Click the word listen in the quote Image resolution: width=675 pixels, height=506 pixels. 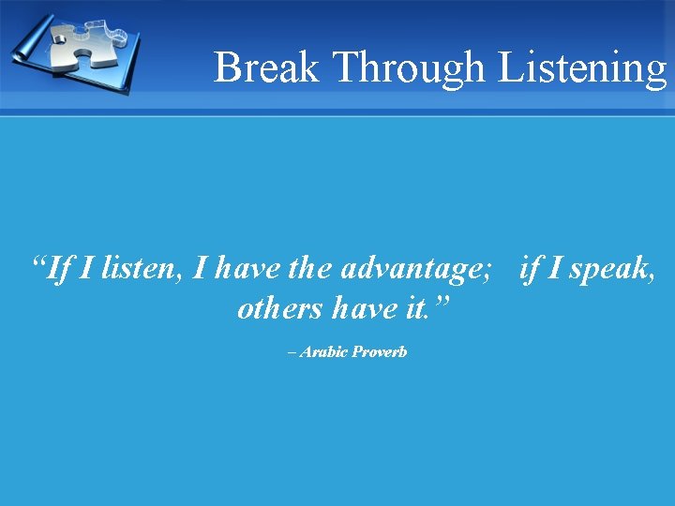[x=142, y=270]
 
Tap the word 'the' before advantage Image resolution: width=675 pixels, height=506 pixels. [x=309, y=270]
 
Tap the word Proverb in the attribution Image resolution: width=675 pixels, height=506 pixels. [x=380, y=352]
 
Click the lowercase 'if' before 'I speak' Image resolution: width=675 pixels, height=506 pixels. [x=530, y=270]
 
